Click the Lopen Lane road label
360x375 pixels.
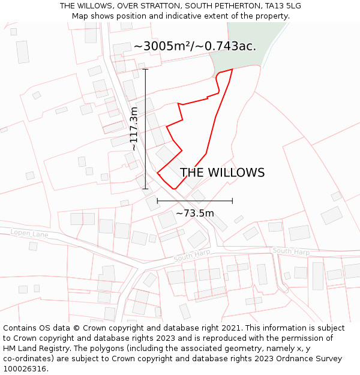click(x=29, y=233)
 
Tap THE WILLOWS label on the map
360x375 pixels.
click(x=222, y=173)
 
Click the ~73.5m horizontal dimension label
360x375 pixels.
click(x=194, y=213)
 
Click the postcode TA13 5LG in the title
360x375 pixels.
click(x=281, y=6)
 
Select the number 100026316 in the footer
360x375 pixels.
click(x=26, y=368)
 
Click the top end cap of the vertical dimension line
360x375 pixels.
click(x=145, y=69)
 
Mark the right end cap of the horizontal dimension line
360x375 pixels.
click(x=232, y=201)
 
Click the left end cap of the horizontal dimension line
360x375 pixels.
click(x=157, y=201)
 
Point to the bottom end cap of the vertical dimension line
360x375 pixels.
click(x=145, y=189)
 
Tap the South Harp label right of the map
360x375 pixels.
click(x=291, y=251)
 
